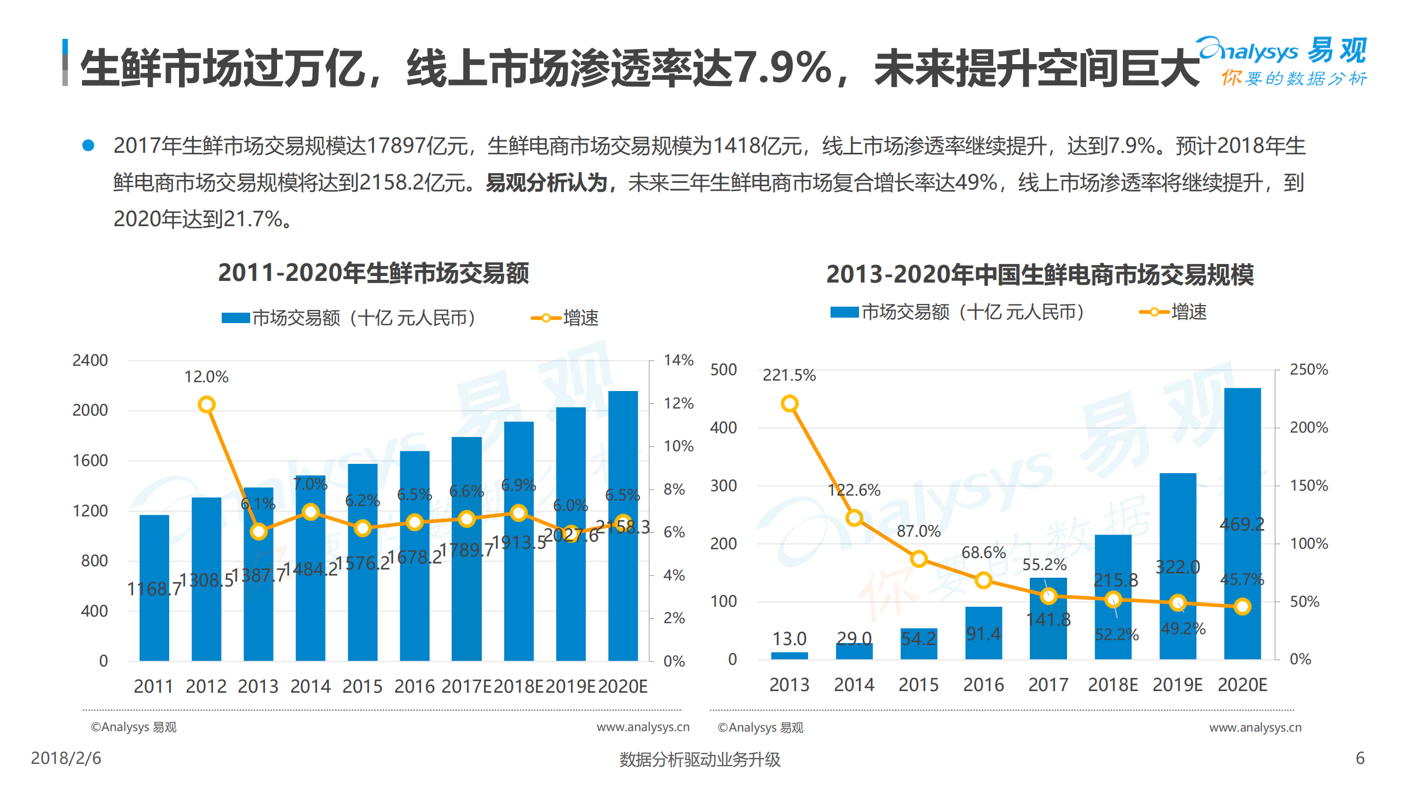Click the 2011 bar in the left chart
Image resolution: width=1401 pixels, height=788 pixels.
154,589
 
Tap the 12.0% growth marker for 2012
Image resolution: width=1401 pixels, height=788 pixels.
206,405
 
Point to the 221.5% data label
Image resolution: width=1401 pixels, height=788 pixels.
789,375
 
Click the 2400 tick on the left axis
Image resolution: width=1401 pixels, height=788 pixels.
90,360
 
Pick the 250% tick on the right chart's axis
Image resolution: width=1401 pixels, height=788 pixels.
1308,370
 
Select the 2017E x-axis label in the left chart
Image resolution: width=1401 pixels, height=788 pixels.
466,686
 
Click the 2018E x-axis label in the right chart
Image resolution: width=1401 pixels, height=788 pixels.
1112,685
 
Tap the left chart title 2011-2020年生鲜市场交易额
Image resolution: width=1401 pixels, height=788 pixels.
373,273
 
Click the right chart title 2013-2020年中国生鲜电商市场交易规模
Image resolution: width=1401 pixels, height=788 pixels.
1040,274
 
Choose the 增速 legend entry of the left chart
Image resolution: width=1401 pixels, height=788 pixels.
566,318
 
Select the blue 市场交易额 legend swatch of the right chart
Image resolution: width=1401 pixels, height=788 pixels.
844,312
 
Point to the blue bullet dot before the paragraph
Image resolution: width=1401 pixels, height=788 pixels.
88,145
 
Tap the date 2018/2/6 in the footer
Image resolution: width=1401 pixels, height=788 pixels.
66,758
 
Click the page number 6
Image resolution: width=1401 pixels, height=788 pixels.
1360,758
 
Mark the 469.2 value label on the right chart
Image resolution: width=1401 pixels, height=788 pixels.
1242,524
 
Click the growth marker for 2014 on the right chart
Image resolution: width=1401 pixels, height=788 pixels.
854,517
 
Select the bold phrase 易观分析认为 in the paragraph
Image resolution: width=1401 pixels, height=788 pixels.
546,182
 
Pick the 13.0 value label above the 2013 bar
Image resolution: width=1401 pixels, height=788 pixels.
789,639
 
